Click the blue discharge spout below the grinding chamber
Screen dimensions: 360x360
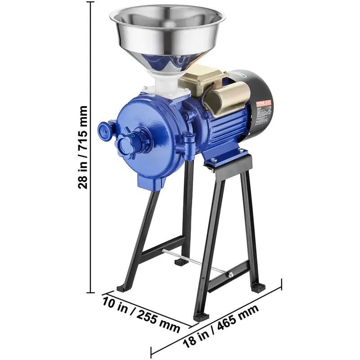pyautogui.click(x=150, y=182)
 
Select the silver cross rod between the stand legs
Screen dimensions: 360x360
pyautogui.click(x=193, y=261)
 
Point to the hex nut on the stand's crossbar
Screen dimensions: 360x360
pyautogui.click(x=230, y=274)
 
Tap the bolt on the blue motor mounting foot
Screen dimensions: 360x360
pyautogui.click(x=214, y=160)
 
